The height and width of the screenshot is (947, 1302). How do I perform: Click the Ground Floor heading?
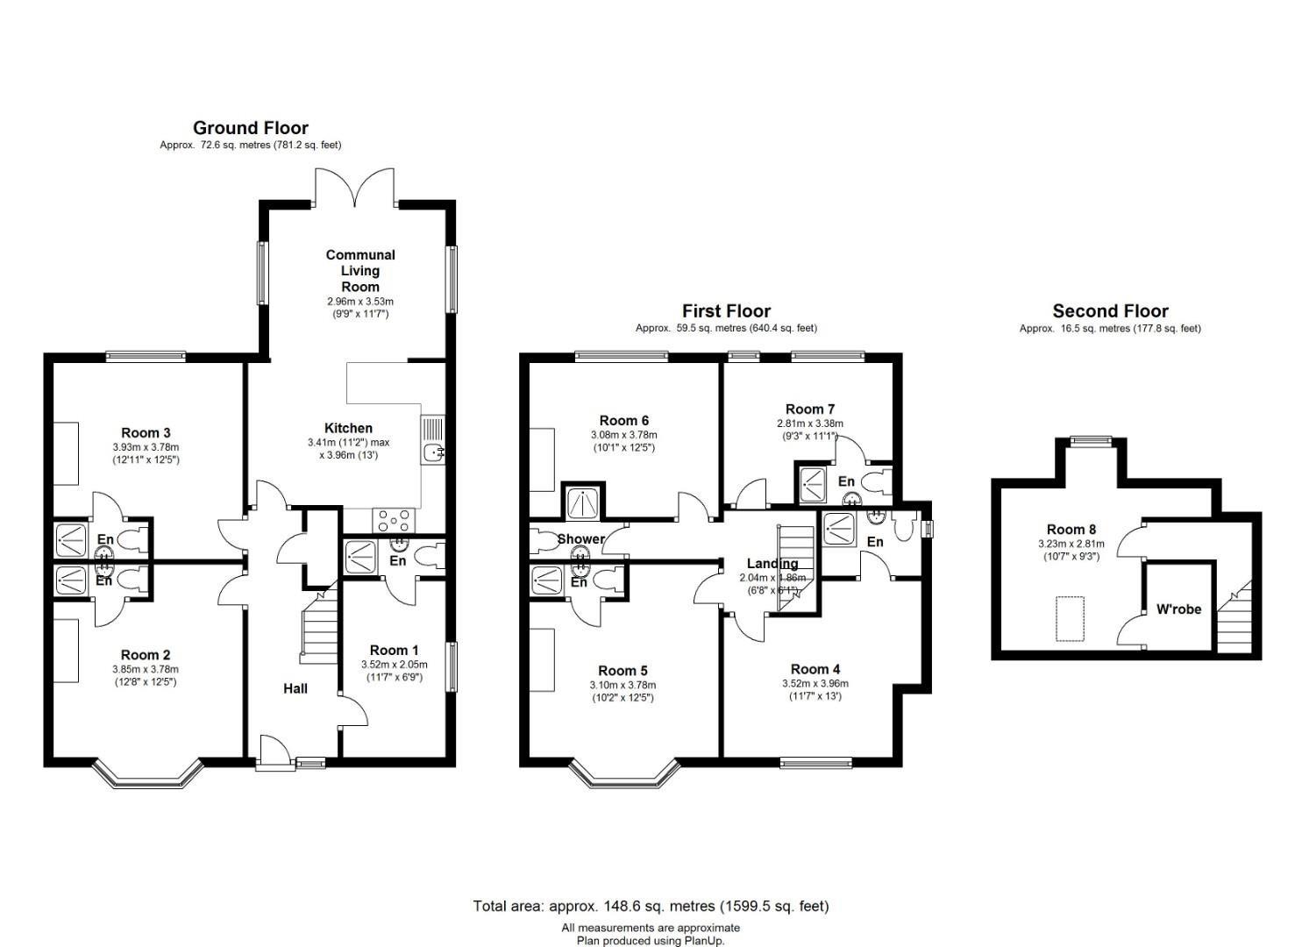coord(250,128)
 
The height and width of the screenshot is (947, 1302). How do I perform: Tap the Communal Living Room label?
coord(360,270)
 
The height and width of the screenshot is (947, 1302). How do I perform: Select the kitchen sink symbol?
coord(433,452)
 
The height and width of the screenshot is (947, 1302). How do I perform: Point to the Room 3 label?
coord(146,432)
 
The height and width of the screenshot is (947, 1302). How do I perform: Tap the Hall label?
coord(295,688)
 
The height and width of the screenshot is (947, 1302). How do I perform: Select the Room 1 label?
coord(394,650)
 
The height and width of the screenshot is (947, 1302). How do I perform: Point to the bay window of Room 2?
coord(143,775)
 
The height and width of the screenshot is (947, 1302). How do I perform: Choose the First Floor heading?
coord(726,310)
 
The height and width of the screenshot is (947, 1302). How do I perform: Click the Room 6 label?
coord(623,421)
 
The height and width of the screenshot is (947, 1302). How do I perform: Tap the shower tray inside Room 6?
coord(581,502)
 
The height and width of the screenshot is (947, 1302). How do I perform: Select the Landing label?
coord(772,563)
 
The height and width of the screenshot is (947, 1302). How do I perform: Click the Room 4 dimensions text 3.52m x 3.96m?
coord(815,684)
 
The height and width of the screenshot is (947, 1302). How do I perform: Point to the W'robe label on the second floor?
coord(1178,609)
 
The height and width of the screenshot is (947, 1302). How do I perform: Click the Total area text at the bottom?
coord(651,906)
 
